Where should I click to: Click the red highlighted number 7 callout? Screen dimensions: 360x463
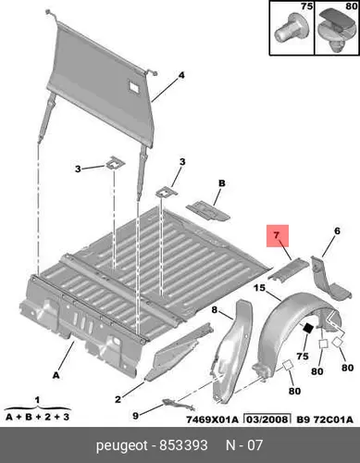point(278,235)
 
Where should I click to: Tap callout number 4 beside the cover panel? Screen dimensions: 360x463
point(181,75)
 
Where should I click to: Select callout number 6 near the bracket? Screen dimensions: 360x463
point(337,231)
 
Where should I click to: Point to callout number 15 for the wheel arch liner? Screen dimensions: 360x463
point(260,288)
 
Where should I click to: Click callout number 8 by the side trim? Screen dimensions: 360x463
point(215,309)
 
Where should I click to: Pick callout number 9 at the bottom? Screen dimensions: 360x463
point(136,416)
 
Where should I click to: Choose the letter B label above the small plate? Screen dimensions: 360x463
point(222,183)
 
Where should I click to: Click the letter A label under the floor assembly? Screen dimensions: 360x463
point(56,375)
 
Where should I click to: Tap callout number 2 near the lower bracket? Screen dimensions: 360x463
point(118,399)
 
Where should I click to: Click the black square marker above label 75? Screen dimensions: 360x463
point(308,329)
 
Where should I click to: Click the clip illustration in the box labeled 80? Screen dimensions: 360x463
point(337,29)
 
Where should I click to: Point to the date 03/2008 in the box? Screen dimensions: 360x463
point(267,419)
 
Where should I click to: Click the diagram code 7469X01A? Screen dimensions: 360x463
point(212,419)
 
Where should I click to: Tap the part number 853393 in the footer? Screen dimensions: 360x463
point(183,445)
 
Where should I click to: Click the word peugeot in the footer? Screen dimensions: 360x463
point(121,446)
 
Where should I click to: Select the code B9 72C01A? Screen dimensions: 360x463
point(325,419)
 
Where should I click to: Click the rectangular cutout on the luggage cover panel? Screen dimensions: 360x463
point(135,85)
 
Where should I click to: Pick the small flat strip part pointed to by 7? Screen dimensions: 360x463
point(288,269)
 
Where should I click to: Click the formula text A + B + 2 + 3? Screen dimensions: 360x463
point(37,417)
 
